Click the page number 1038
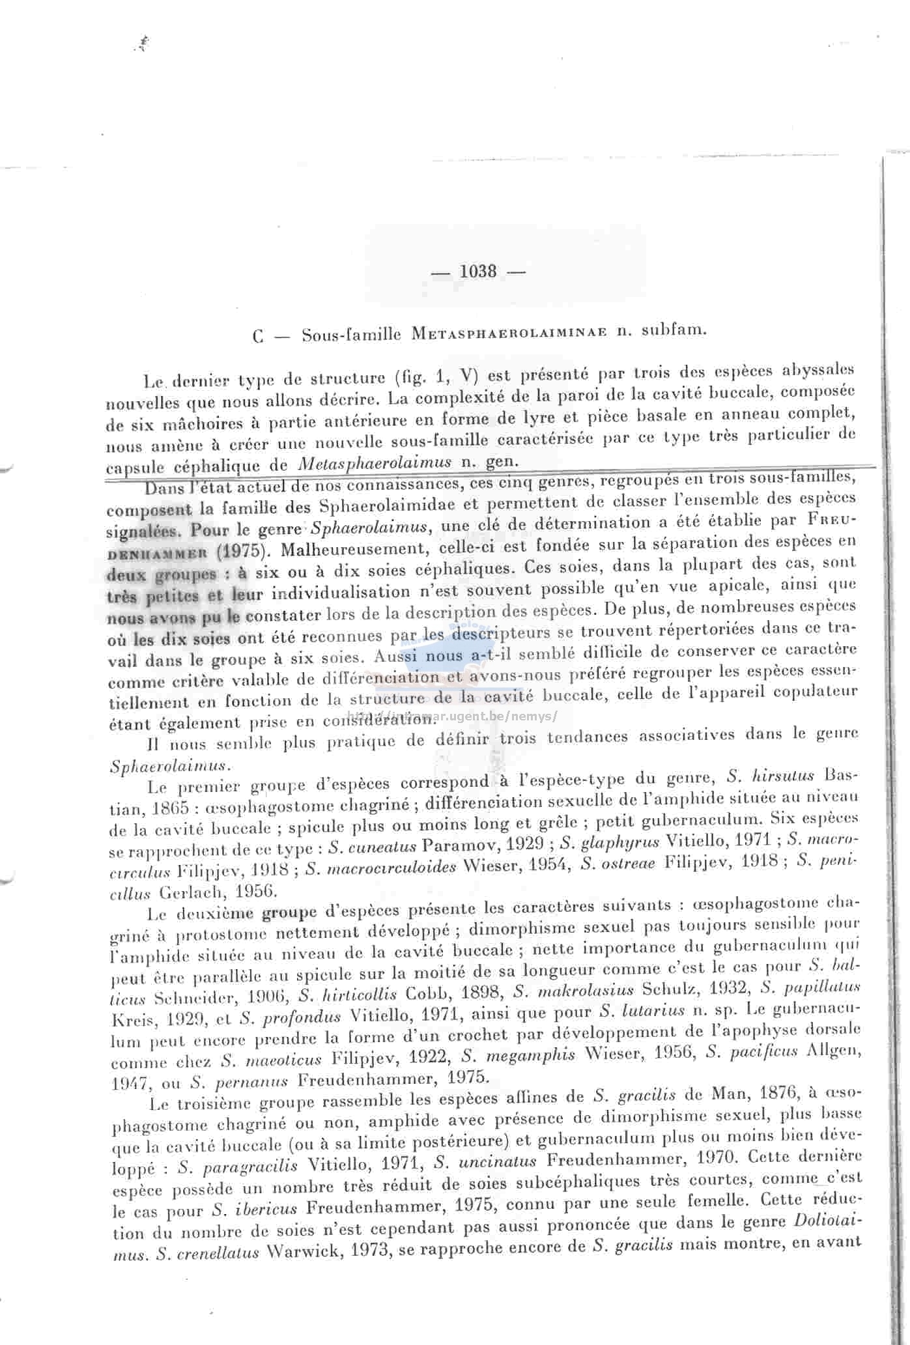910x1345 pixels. click(478, 271)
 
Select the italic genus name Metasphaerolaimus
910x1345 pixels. click(376, 463)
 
